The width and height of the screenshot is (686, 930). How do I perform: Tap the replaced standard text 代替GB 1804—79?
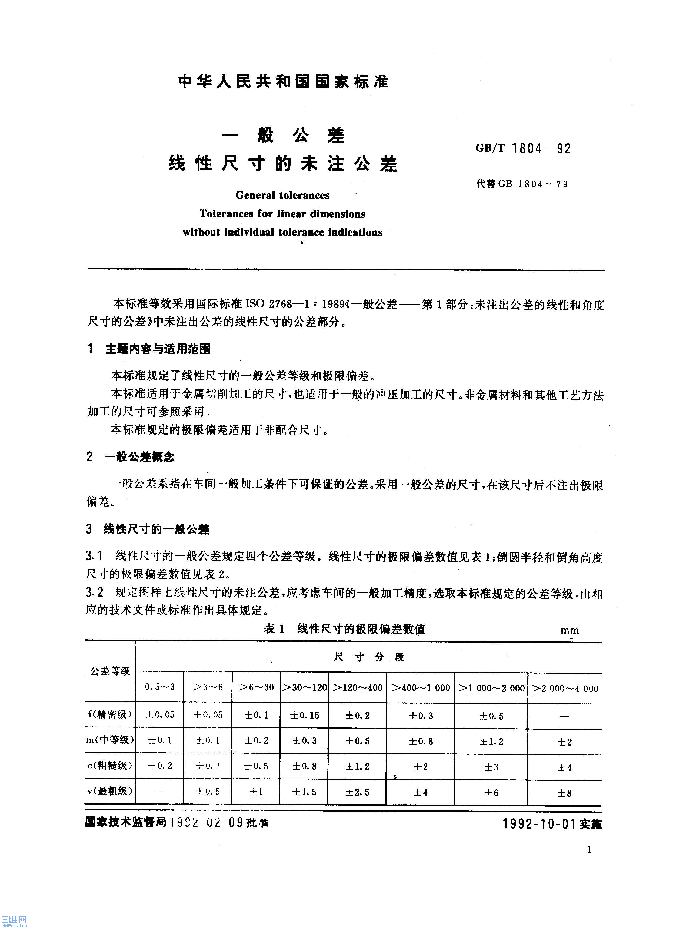pyautogui.click(x=522, y=184)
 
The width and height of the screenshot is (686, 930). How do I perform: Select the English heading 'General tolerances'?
pyautogui.click(x=282, y=195)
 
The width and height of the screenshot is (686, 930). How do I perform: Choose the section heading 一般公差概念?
pyautogui.click(x=139, y=457)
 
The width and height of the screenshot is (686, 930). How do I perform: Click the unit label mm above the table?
pyautogui.click(x=569, y=630)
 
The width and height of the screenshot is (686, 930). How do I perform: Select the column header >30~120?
pyautogui.click(x=304, y=687)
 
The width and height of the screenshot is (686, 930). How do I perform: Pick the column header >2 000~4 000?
pyautogui.click(x=565, y=688)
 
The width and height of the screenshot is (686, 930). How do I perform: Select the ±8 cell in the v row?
pyautogui.click(x=565, y=793)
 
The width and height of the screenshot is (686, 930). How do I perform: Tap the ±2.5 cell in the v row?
pyautogui.click(x=357, y=792)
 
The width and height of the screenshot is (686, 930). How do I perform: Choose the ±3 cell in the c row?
pyautogui.click(x=491, y=767)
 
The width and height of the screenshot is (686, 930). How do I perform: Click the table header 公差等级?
pyautogui.click(x=110, y=671)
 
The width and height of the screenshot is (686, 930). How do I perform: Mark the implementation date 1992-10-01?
pyautogui.click(x=540, y=824)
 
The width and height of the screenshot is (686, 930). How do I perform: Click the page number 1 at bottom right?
pyautogui.click(x=589, y=849)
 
